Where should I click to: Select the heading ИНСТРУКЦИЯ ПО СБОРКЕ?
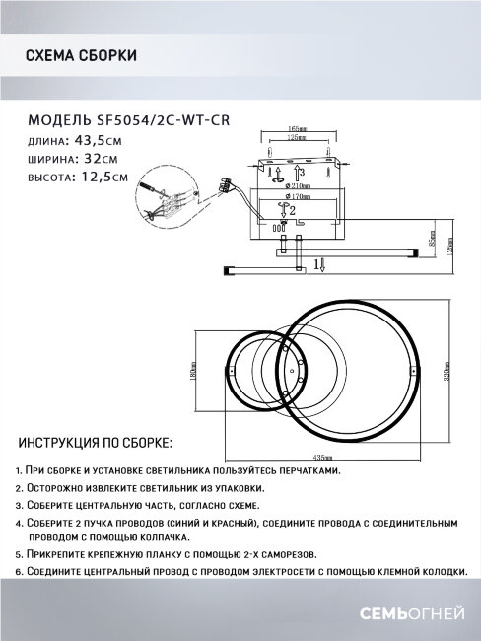(x=96, y=442)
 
